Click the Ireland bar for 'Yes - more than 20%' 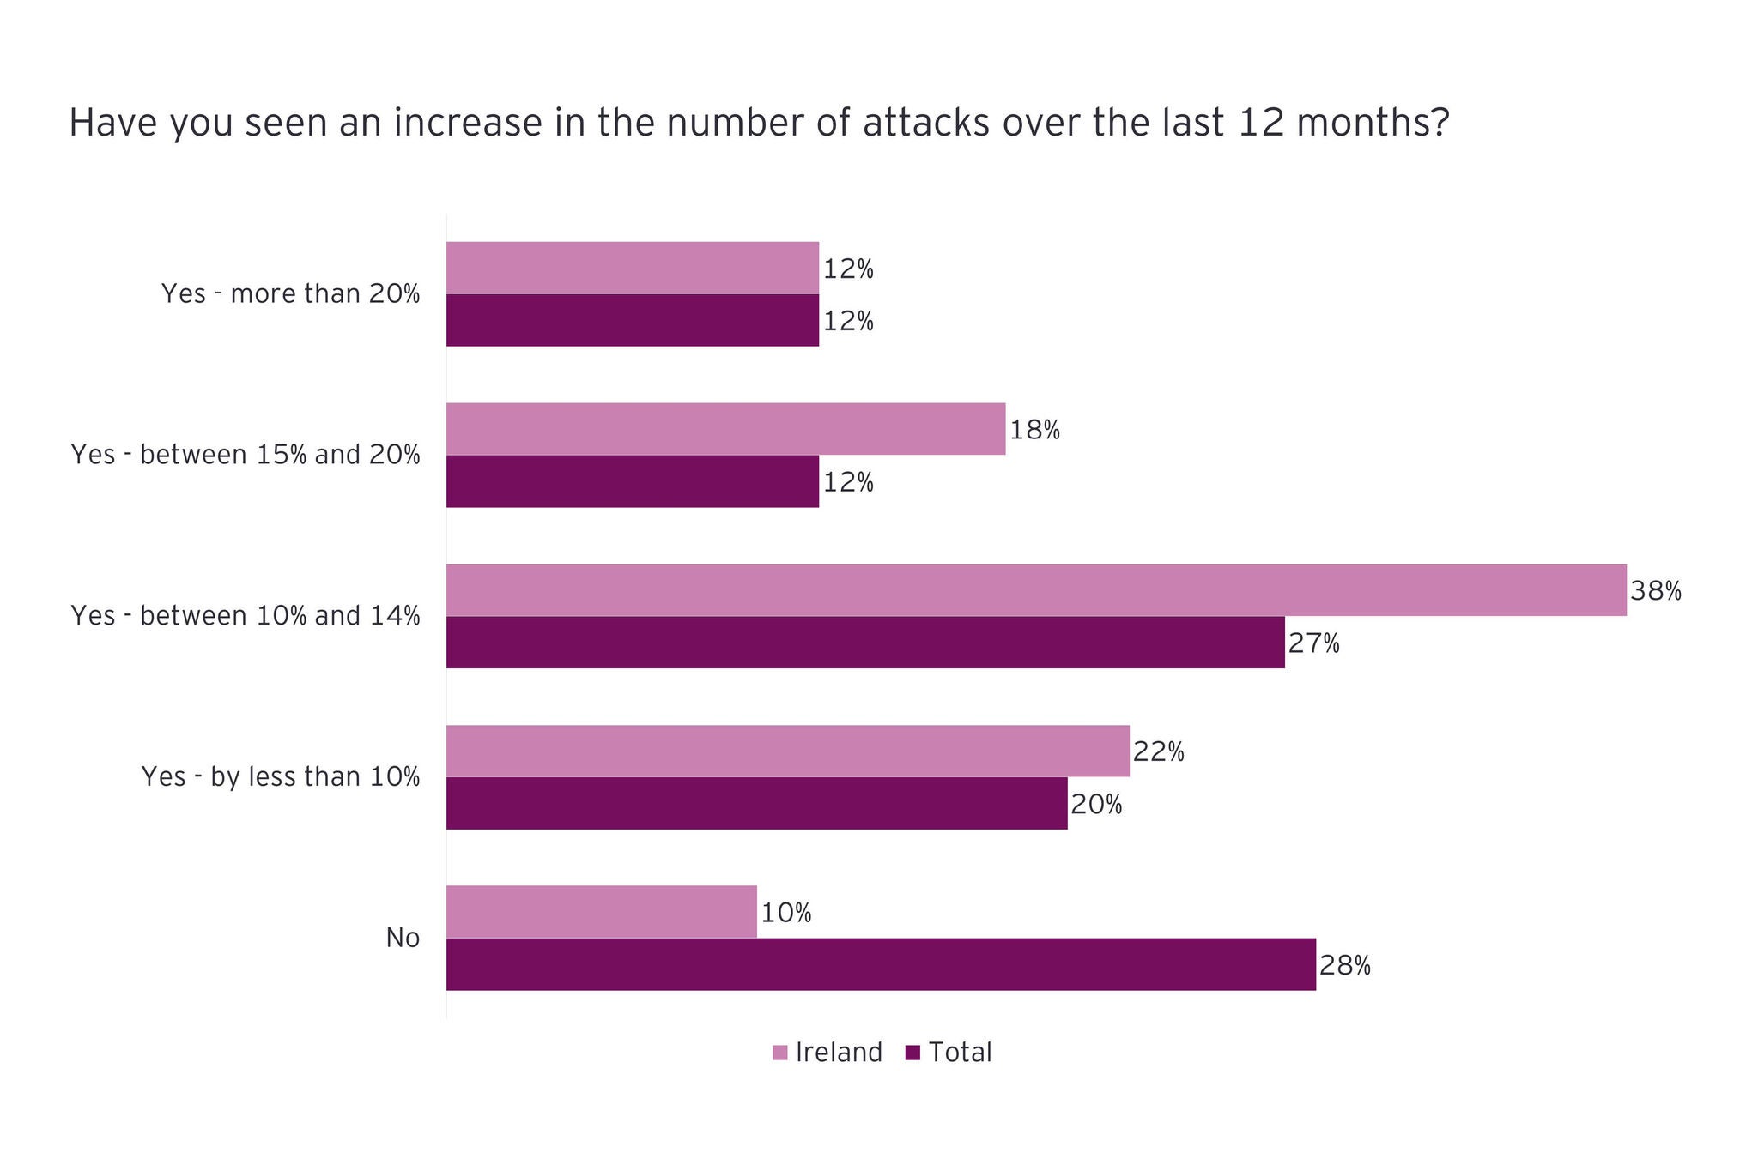point(633,268)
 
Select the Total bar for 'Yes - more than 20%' point(633,320)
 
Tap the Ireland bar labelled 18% point(725,429)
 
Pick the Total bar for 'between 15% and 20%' point(633,481)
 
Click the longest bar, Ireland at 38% point(1036,590)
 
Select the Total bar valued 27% point(865,642)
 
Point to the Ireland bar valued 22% point(788,751)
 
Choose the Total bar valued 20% point(757,803)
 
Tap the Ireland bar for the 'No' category point(602,912)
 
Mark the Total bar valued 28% point(881,964)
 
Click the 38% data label point(1655,591)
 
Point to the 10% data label point(786,913)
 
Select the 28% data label point(1345,966)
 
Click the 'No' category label point(403,938)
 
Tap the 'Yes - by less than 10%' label point(281,777)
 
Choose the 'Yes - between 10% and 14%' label point(246,616)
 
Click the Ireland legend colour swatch point(780,1053)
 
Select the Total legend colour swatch point(913,1053)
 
